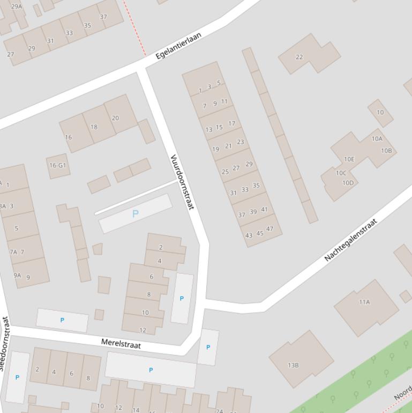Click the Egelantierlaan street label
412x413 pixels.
(178, 46)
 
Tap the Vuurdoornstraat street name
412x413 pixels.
(182, 182)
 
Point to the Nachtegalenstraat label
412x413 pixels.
(351, 240)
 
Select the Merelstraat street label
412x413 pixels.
(121, 343)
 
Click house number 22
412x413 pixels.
(299, 57)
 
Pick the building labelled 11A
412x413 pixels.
(364, 302)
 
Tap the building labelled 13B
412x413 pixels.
(293, 365)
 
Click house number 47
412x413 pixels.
(269, 229)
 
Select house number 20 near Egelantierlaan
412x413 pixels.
(115, 118)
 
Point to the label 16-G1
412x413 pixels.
(57, 165)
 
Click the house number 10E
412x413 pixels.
(349, 159)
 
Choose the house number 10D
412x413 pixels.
(348, 183)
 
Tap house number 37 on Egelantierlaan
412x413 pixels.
(103, 17)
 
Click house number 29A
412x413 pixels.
(17, 6)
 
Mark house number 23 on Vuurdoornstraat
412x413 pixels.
(240, 142)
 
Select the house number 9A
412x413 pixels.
(17, 276)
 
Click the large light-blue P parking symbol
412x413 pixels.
(135, 214)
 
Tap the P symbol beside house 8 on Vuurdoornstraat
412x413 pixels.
(182, 299)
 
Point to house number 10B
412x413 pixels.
(386, 151)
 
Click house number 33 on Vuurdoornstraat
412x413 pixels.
(245, 189)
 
